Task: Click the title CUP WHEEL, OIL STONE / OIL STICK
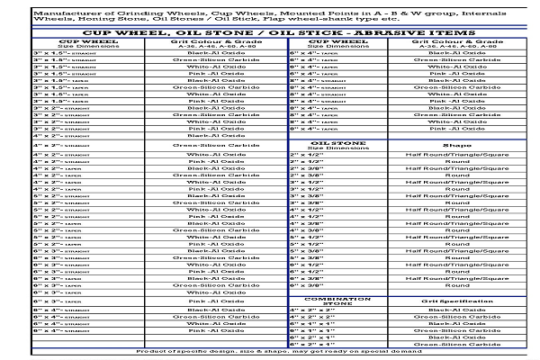click(x=270, y=32)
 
